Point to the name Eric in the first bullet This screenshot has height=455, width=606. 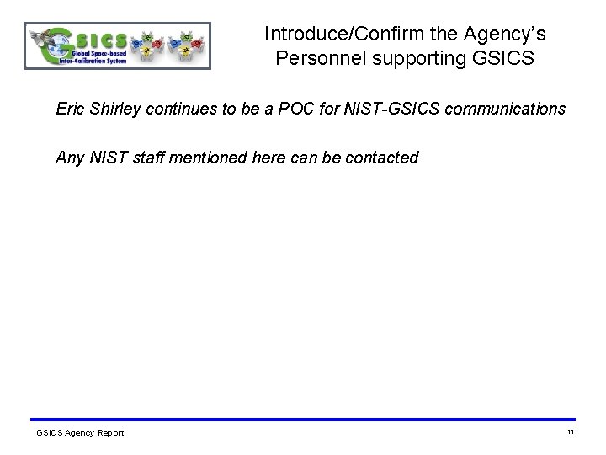pyautogui.click(x=72, y=110)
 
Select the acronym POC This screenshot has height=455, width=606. pyautogui.click(x=295, y=110)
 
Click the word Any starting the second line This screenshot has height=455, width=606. pyautogui.click(x=70, y=158)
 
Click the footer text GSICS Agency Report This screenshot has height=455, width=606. pyautogui.click(x=80, y=433)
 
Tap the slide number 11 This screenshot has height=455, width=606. pyautogui.click(x=570, y=432)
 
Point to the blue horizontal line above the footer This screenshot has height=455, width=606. pyautogui.click(x=303, y=420)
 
